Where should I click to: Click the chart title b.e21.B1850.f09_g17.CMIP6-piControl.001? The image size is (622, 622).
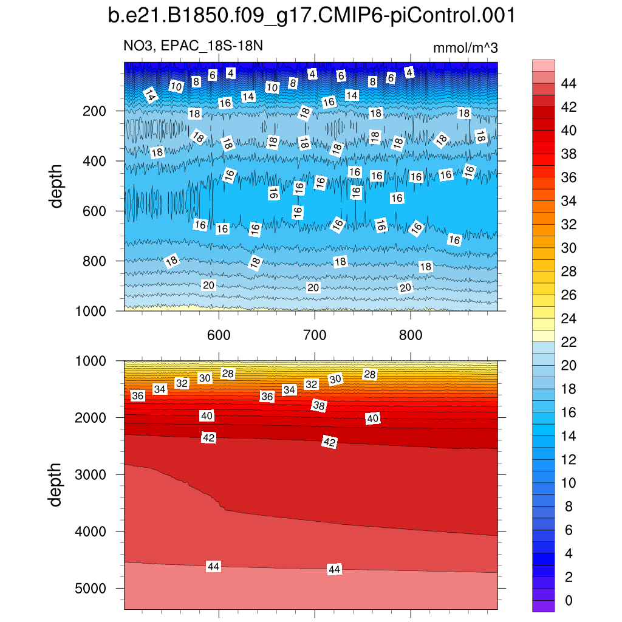pos(311,16)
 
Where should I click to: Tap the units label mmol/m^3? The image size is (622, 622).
pos(465,48)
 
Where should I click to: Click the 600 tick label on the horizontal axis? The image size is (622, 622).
pos(218,335)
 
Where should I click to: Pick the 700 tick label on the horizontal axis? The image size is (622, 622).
pos(314,335)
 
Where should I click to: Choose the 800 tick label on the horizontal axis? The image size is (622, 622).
pos(411,335)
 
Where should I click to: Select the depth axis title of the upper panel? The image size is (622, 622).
pos(56,186)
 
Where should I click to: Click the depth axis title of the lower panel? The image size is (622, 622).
pos(56,484)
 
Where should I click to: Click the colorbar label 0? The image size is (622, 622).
pos(568,601)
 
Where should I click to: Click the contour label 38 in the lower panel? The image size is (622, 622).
pos(319,405)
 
